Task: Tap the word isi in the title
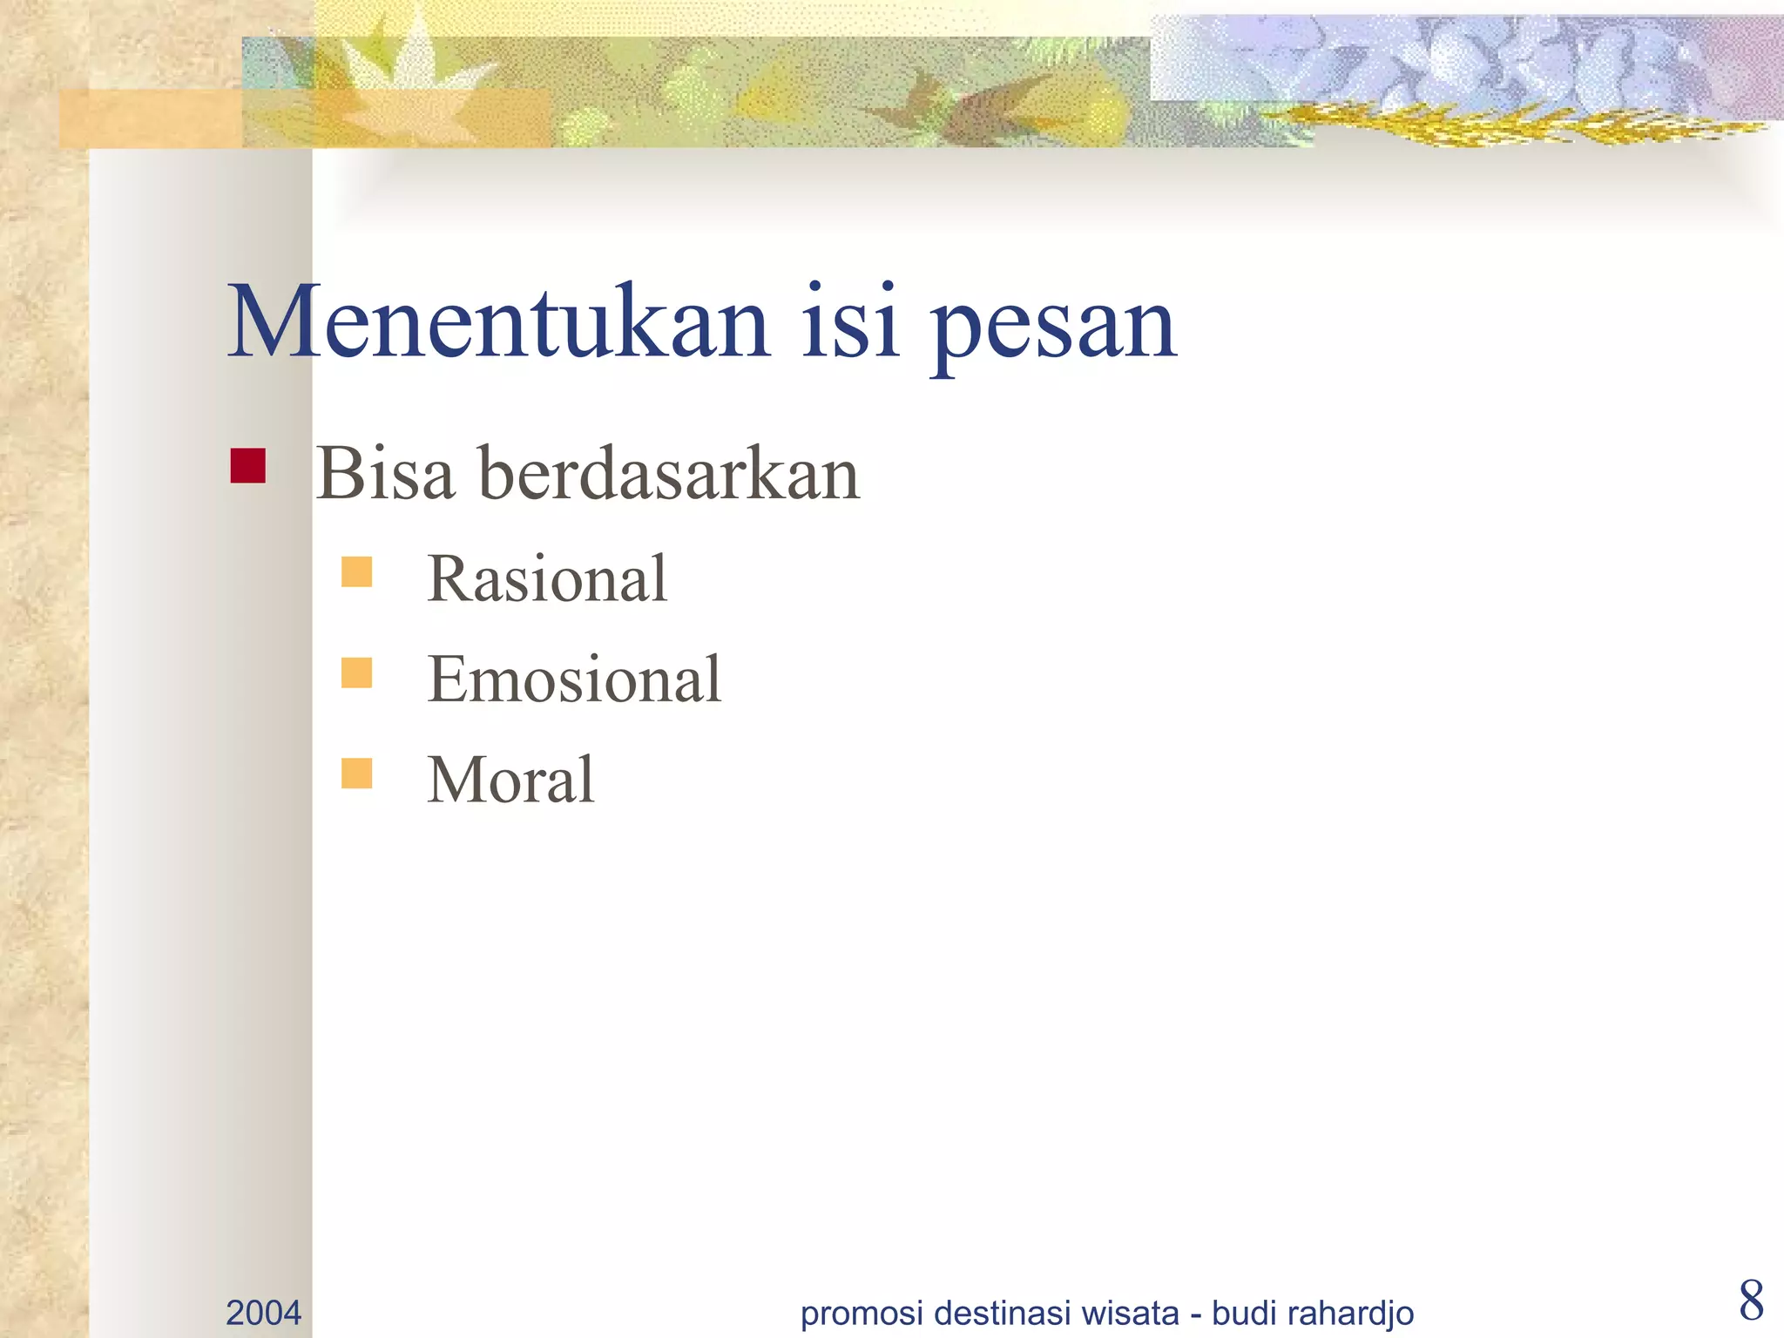point(850,322)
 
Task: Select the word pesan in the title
point(1054,327)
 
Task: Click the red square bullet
point(247,466)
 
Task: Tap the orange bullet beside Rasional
point(356,572)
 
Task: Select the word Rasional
point(547,579)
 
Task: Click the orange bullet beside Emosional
point(356,672)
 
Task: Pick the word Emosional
point(574,679)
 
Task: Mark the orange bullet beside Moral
point(356,773)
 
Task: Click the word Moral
point(510,780)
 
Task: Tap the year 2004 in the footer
point(263,1313)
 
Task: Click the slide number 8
point(1751,1301)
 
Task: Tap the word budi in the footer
point(1244,1313)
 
